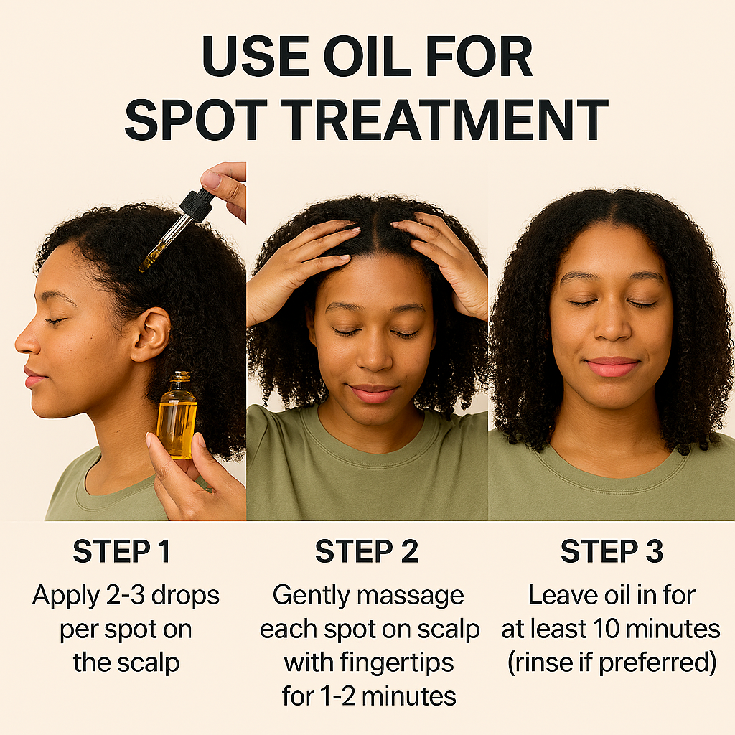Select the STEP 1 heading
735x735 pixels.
click(x=122, y=552)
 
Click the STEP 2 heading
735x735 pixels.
click(x=367, y=552)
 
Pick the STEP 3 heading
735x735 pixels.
click(x=612, y=552)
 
